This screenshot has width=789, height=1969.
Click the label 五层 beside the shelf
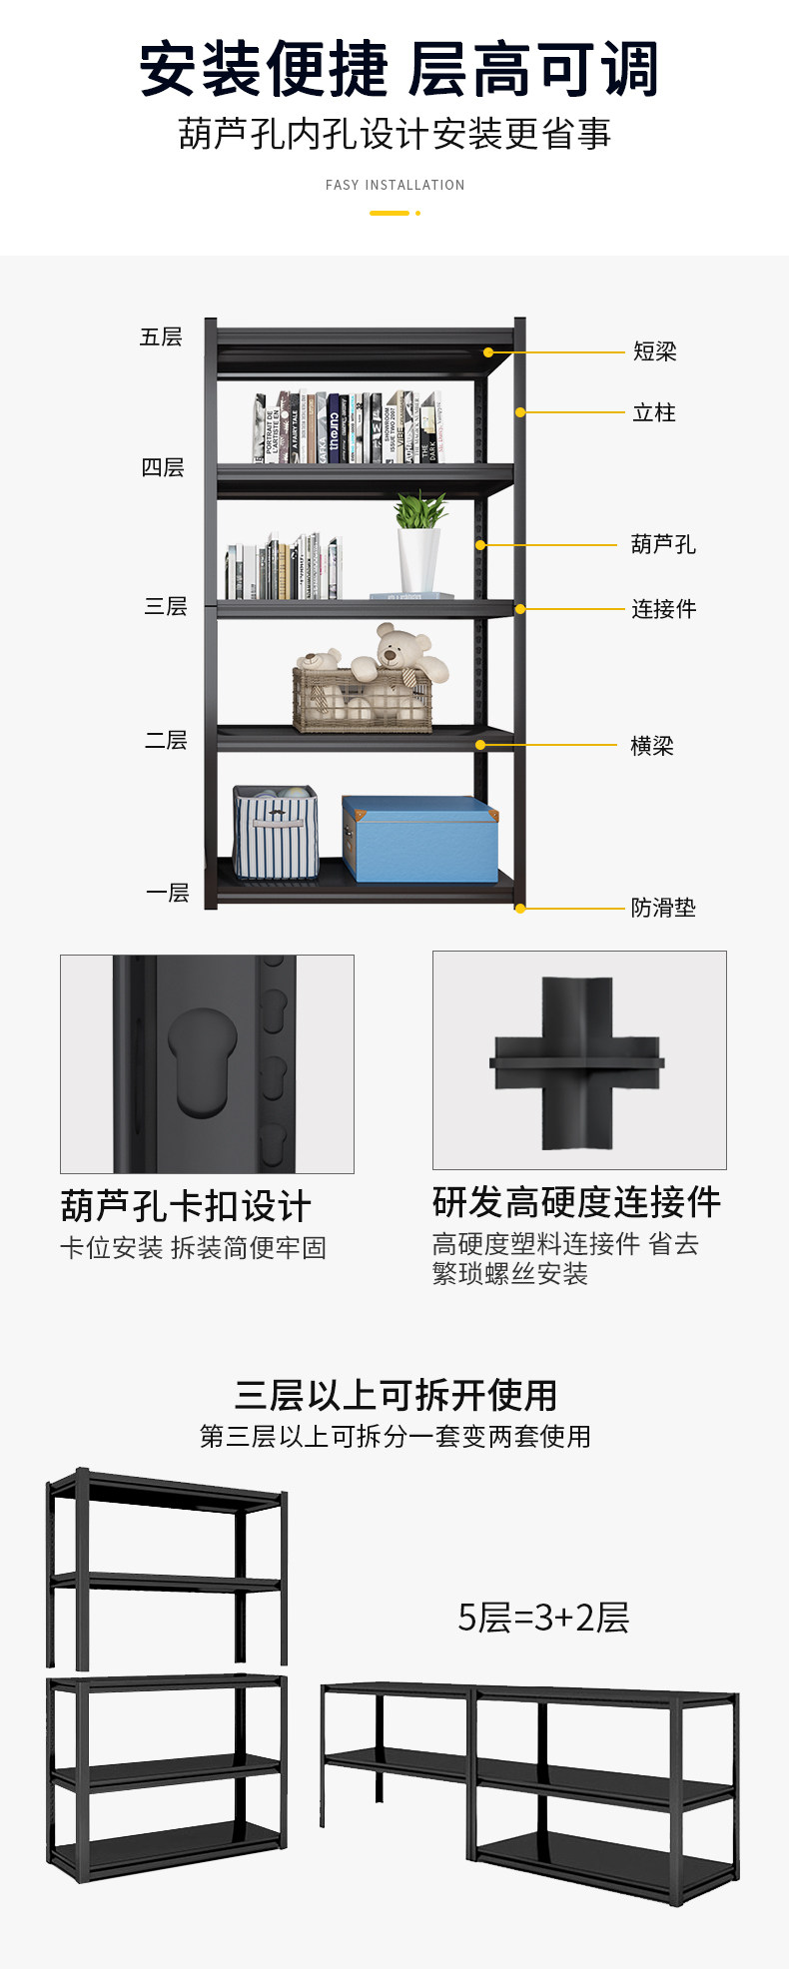(161, 337)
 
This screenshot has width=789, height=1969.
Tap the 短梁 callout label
(655, 351)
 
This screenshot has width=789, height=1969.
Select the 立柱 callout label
(654, 412)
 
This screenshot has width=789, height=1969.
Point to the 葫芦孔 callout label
(663, 544)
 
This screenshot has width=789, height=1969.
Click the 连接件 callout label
(663, 609)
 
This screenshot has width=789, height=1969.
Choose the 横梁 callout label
(652, 746)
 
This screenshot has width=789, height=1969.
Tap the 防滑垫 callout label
(663, 908)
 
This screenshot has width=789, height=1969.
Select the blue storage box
(419, 839)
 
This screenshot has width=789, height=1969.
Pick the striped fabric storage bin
(276, 834)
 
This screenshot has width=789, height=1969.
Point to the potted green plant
(419, 544)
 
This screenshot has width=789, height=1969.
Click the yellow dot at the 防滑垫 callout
(520, 908)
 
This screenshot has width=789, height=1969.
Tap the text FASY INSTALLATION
(394, 185)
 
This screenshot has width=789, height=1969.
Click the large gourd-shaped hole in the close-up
(203, 1060)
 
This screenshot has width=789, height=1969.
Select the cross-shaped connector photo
(578, 1060)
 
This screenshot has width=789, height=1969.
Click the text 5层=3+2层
(543, 1618)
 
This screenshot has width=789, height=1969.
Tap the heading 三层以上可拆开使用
(395, 1395)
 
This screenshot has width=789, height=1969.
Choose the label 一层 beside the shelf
(167, 893)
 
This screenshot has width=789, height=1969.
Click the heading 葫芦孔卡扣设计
(186, 1206)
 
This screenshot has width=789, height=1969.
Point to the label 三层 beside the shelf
(166, 606)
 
